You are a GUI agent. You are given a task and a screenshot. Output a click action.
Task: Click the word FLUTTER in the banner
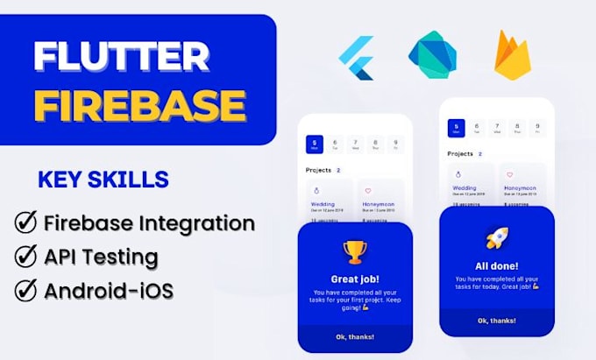(122, 58)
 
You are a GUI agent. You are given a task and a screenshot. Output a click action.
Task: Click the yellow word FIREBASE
(140, 105)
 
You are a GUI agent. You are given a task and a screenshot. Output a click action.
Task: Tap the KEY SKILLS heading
(103, 180)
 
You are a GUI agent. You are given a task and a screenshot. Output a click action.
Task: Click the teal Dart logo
(431, 54)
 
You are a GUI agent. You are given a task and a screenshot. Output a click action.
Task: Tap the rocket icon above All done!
(496, 238)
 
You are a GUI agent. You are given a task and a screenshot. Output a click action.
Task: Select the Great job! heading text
(354, 278)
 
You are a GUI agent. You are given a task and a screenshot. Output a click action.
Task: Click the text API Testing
(102, 257)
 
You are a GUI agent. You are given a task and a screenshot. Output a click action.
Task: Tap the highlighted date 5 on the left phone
(313, 144)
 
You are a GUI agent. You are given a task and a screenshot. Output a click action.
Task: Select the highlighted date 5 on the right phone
(455, 129)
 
